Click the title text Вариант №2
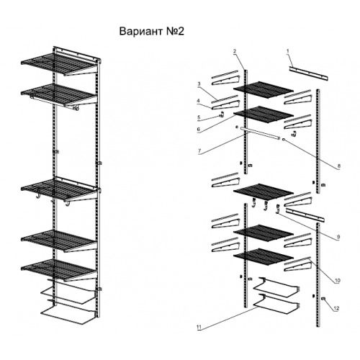click(152, 32)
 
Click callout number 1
click(288, 51)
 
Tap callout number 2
click(235, 51)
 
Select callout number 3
click(199, 84)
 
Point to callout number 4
click(198, 101)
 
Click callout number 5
click(199, 117)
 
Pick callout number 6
click(199, 130)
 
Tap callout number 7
click(199, 151)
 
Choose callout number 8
click(338, 166)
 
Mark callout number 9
click(338, 237)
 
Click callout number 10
click(338, 280)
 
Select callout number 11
click(199, 327)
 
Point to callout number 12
click(336, 308)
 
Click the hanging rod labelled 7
click(261, 133)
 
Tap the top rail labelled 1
click(308, 73)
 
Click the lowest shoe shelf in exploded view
click(276, 305)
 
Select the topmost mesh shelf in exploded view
click(264, 90)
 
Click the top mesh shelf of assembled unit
click(58, 63)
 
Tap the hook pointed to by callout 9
click(278, 209)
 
